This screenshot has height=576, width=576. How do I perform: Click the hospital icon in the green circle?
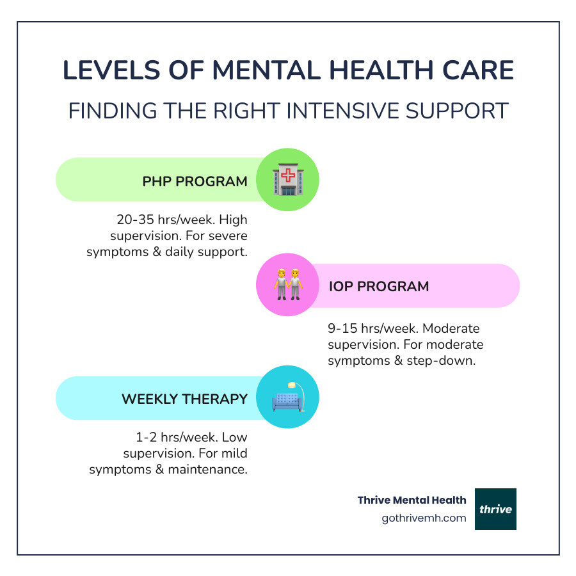pyautogui.click(x=287, y=180)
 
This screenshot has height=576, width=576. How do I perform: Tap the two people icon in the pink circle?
pyautogui.click(x=287, y=285)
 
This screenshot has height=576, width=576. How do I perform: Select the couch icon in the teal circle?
pyautogui.click(x=287, y=397)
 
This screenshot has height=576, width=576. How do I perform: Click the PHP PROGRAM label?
pyautogui.click(x=195, y=181)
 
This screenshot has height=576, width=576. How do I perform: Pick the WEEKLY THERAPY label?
pyautogui.click(x=184, y=399)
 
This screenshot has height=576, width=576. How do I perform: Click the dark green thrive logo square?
pyautogui.click(x=495, y=509)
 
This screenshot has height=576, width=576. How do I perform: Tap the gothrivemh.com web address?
pyautogui.click(x=424, y=518)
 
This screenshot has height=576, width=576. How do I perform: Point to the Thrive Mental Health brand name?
pyautogui.click(x=412, y=500)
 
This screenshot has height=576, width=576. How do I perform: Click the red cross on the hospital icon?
pyautogui.click(x=288, y=175)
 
